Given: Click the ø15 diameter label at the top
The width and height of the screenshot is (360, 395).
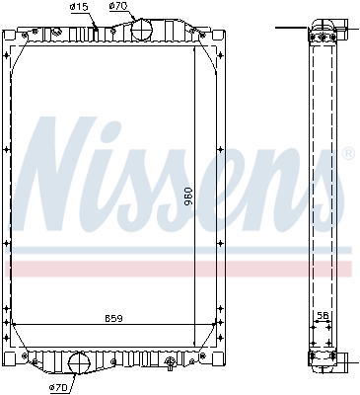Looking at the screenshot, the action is pos(79,7).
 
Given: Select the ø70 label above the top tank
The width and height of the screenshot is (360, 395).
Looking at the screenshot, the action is pos(118,6).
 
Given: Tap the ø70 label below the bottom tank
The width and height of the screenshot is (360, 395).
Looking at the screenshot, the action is pos(58,388).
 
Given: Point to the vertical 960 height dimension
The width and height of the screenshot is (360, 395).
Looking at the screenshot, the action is pos(188,197).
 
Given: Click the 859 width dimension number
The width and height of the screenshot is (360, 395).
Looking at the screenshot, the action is pos(113,319).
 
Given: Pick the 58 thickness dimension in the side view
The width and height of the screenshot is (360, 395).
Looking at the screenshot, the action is pos(323,315).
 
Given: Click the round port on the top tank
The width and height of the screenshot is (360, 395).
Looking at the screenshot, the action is pos(142,29).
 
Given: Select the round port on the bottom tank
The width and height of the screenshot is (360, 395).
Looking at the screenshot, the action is pos(79,363).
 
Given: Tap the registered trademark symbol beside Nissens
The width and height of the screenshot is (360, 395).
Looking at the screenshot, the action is pos(348,153).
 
